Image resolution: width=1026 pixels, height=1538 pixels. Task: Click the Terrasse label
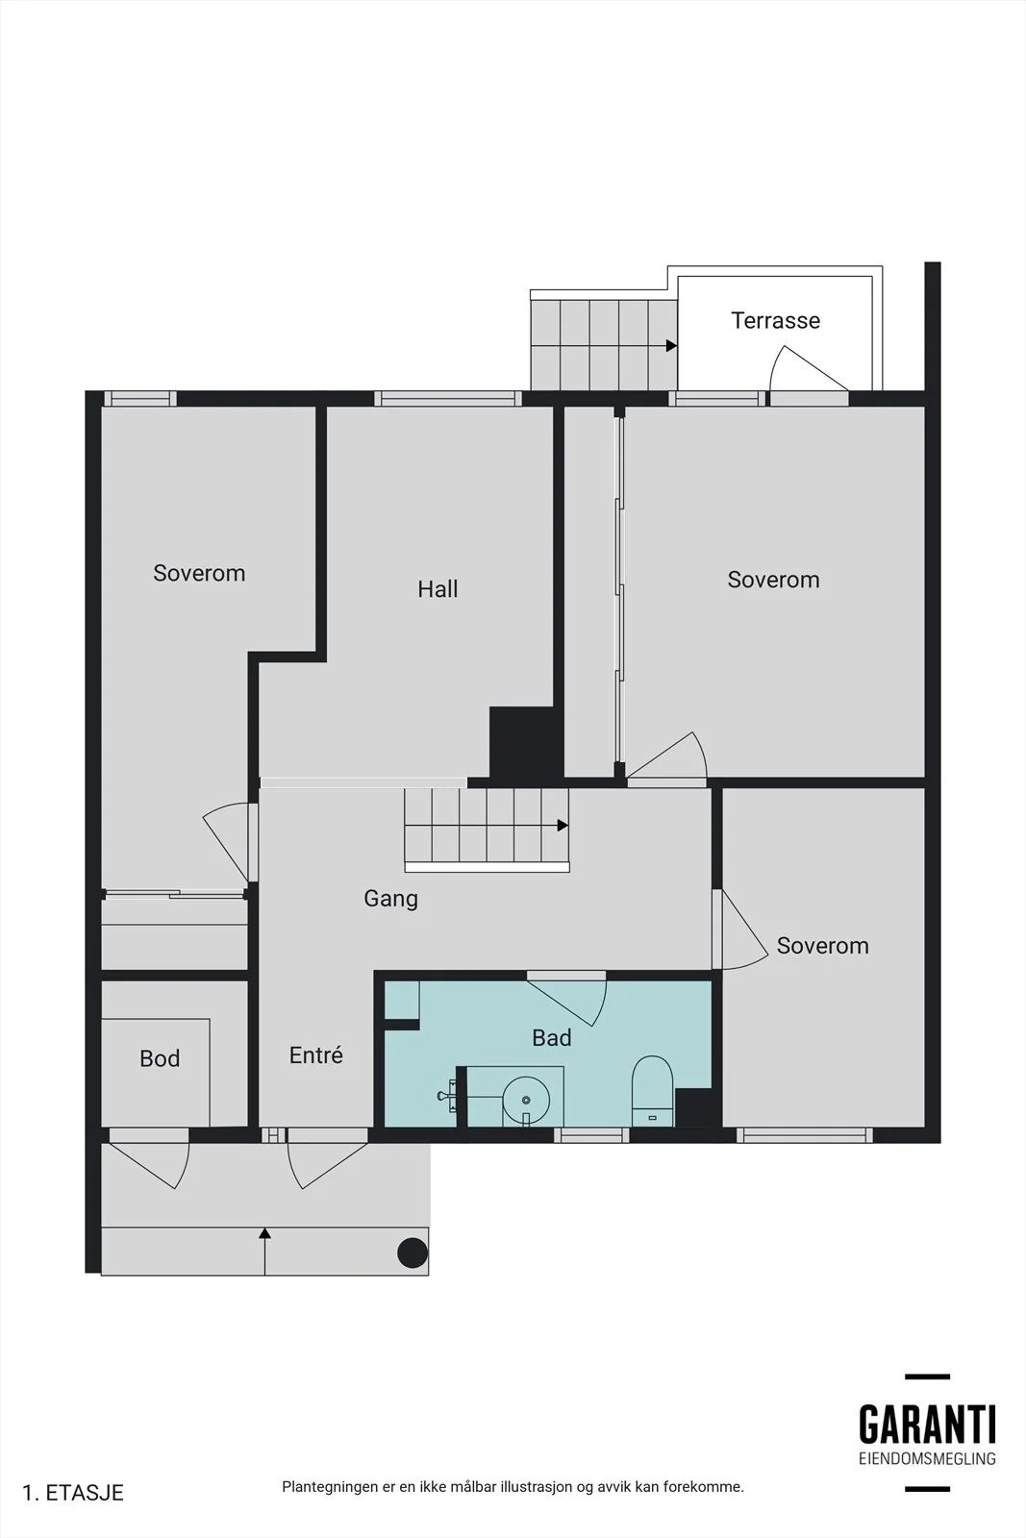click(775, 321)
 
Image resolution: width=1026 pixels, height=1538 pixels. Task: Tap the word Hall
click(438, 589)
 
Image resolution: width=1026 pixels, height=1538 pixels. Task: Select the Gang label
click(390, 899)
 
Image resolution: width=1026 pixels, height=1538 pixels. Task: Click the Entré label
click(316, 1054)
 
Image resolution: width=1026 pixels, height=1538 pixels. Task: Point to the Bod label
click(160, 1058)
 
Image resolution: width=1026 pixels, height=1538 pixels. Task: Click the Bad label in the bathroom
click(551, 1037)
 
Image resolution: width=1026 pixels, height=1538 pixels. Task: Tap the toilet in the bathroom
click(652, 1091)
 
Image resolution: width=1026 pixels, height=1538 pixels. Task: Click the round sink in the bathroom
click(526, 1100)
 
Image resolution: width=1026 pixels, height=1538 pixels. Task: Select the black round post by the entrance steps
click(413, 1253)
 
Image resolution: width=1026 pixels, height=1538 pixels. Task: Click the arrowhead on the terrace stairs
click(671, 346)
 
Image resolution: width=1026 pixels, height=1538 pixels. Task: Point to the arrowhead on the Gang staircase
click(563, 826)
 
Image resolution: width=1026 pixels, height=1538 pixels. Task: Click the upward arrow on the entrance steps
click(264, 1251)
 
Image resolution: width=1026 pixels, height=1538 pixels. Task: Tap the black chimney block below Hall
click(522, 746)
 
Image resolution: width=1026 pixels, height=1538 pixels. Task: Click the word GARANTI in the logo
click(927, 1425)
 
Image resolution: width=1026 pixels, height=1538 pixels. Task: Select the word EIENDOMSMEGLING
click(927, 1458)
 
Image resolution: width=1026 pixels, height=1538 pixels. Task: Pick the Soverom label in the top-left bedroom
click(199, 573)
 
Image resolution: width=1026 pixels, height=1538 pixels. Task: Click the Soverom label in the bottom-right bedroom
click(823, 946)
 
